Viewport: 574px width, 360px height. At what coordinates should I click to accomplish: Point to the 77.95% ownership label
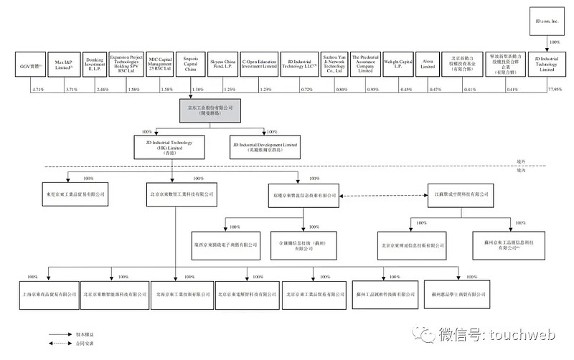click(554, 89)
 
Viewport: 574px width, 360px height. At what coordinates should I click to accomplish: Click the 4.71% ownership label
click(38, 89)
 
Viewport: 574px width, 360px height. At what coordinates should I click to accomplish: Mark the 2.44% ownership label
click(102, 89)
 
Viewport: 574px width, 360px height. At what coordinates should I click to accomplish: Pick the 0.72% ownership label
click(306, 89)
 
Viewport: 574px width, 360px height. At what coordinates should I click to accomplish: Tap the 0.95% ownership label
click(372, 89)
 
